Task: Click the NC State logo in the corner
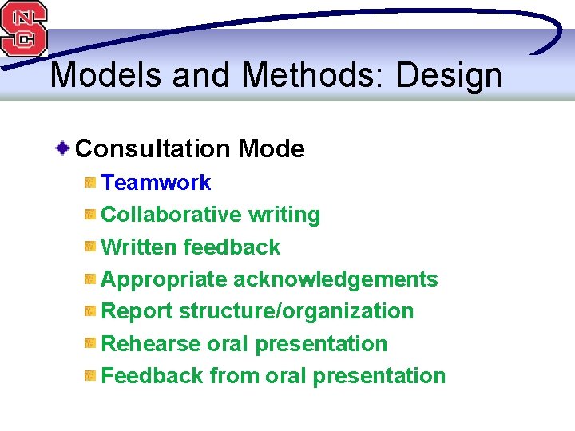[x=24, y=28]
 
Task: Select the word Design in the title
[x=449, y=77]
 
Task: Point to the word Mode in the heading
[x=272, y=148]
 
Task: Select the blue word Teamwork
[x=157, y=183]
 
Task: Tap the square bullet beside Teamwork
[x=90, y=183]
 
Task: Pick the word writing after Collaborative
[x=284, y=215]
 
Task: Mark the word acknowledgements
[x=335, y=279]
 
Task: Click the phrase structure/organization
[x=296, y=311]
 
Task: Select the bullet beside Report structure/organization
[x=90, y=311]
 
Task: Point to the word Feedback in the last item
[x=153, y=376]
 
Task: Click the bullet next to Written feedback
[x=90, y=247]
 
